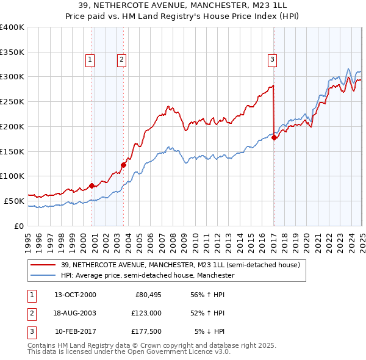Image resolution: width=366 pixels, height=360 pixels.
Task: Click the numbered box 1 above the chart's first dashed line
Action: (90, 59)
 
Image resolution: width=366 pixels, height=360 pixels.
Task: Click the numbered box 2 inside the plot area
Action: (122, 59)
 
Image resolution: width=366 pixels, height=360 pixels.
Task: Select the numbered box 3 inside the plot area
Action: (271, 59)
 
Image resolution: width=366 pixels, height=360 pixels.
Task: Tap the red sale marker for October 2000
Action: (92, 185)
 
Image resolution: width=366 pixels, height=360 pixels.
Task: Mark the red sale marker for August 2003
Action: (123, 164)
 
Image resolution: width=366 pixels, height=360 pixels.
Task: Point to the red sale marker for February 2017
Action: (274, 137)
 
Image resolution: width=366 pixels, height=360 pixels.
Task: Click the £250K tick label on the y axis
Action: (12, 101)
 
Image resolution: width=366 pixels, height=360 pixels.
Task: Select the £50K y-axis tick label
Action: (14, 201)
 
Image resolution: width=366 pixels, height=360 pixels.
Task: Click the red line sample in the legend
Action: (43, 265)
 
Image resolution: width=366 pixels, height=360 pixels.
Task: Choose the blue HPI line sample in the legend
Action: (43, 276)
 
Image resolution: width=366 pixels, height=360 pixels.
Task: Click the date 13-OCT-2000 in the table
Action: (75, 295)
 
